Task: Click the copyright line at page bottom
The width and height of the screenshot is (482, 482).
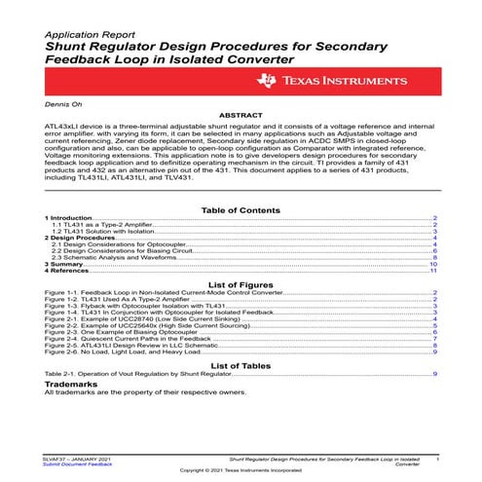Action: click(241, 471)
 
